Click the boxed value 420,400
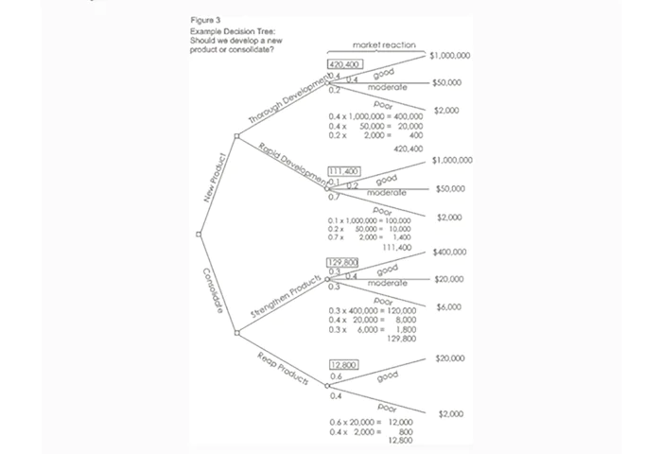[342, 64]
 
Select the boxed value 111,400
[342, 170]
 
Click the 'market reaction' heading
[383, 45]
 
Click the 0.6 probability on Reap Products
[335, 376]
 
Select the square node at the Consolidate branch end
[236, 332]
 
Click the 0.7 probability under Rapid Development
[335, 197]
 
